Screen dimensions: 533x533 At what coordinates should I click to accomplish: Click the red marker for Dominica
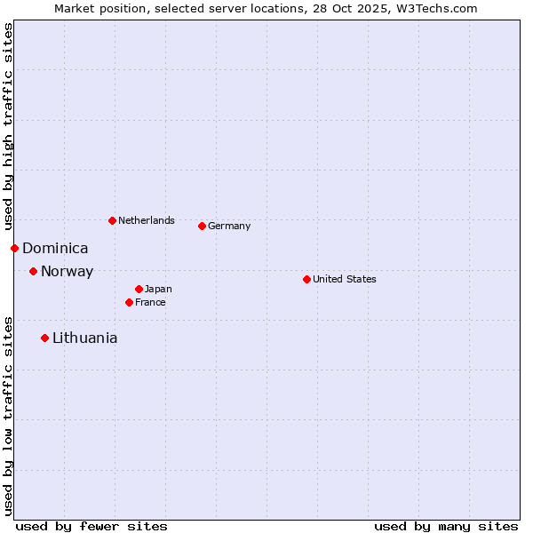(14, 248)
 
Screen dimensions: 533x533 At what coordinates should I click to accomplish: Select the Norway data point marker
(33, 271)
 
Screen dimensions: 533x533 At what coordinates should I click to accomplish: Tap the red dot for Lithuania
(44, 338)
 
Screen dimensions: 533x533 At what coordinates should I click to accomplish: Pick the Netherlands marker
(112, 220)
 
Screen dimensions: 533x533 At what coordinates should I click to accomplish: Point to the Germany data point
(202, 226)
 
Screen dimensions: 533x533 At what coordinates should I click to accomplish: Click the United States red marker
(306, 279)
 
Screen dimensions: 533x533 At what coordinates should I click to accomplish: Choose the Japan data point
(139, 289)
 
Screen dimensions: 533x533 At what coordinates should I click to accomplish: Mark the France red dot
(129, 302)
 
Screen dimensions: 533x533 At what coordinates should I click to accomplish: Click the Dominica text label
(55, 249)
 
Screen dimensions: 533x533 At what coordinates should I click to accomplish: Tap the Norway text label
(67, 272)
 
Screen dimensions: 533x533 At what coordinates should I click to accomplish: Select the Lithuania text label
(84, 338)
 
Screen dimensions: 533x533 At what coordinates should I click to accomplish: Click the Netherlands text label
(147, 220)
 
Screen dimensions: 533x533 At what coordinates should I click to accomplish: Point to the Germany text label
(229, 226)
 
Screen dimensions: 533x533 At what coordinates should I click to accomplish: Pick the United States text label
(345, 279)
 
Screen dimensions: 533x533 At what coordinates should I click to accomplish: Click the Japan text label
(158, 289)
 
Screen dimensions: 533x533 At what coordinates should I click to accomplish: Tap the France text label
(150, 302)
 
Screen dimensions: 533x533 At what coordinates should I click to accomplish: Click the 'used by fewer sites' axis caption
(91, 526)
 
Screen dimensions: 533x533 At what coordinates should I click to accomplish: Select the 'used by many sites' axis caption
(446, 526)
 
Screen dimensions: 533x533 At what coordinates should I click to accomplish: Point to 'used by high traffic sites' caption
(8, 126)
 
